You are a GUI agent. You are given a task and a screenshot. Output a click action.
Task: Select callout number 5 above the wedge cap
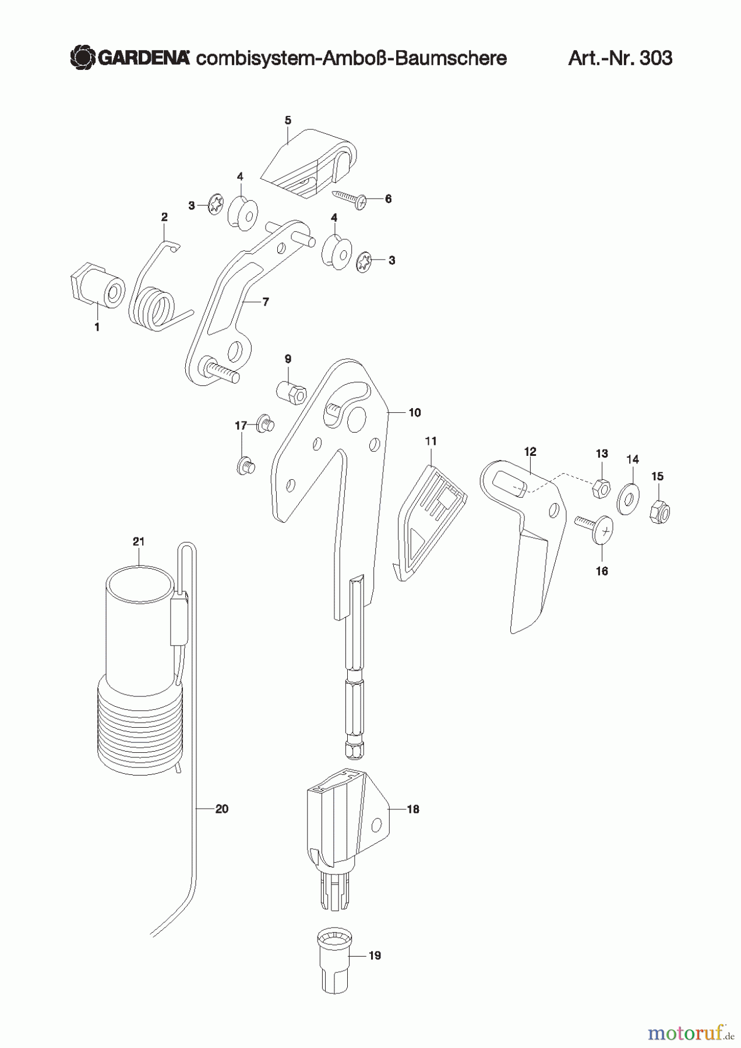pos(288,121)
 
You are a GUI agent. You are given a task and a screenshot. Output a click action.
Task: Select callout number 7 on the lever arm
pos(266,302)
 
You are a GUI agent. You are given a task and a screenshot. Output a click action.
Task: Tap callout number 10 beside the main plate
pos(414,413)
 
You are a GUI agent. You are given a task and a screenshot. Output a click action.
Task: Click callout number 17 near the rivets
pos(241,426)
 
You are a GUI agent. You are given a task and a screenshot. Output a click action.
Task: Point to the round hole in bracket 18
pos(377,824)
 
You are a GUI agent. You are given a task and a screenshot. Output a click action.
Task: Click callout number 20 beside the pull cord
pos(222,809)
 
